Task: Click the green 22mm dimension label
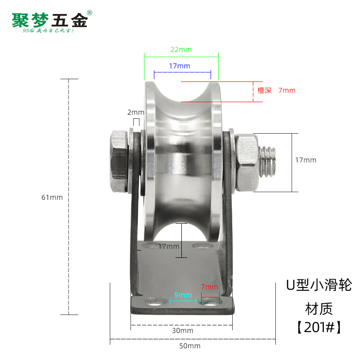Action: pyautogui.click(x=181, y=49)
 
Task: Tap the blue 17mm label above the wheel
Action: pyautogui.click(x=179, y=66)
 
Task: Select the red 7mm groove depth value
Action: pyautogui.click(x=287, y=90)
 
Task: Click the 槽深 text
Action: pyautogui.click(x=265, y=90)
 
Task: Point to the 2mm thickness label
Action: pyautogui.click(x=135, y=112)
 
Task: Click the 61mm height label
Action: pyautogui.click(x=52, y=197)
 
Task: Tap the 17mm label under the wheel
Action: pyautogui.click(x=169, y=247)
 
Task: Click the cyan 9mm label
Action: pyautogui.click(x=183, y=295)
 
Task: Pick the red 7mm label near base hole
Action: pyautogui.click(x=209, y=287)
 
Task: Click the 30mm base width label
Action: pyautogui.click(x=183, y=331)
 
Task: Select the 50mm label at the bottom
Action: pyautogui.click(x=190, y=346)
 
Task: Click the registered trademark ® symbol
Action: pyautogui.click(x=90, y=13)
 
